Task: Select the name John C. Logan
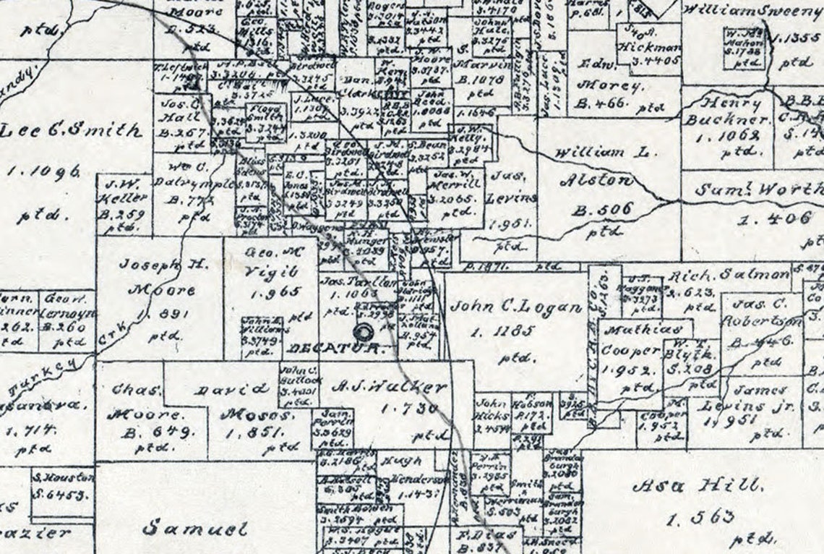click(515, 307)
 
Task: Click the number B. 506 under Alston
click(602, 210)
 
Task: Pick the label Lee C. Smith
click(71, 132)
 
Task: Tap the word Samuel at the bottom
click(195, 528)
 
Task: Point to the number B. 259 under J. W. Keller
click(124, 214)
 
